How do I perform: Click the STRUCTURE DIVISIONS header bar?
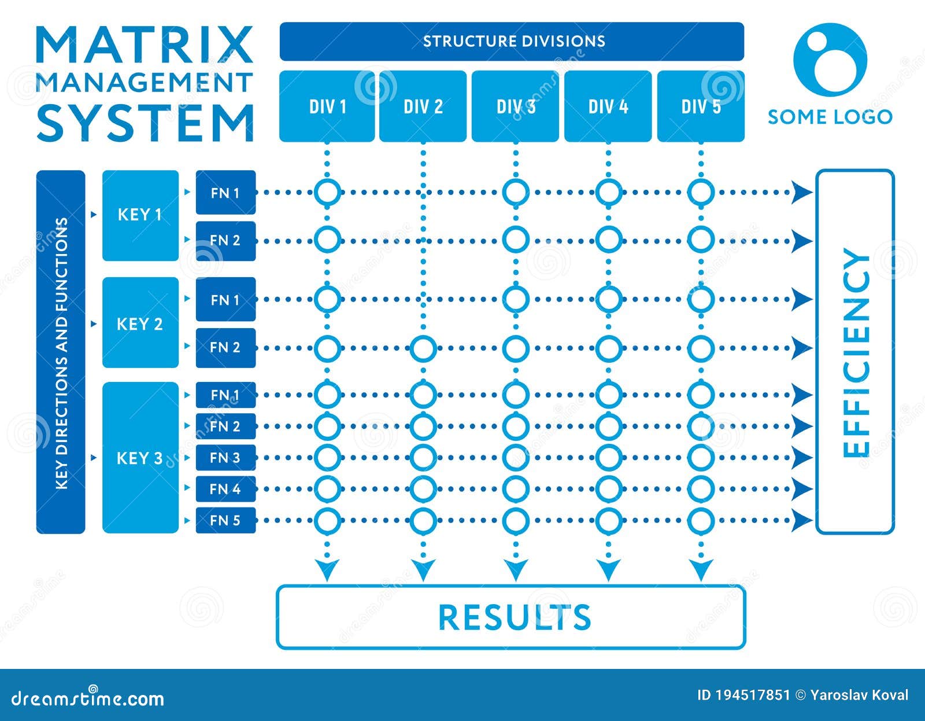512,42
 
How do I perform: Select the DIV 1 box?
327,106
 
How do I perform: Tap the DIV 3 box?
515,106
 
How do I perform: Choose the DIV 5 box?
701,106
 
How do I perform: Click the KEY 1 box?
140,215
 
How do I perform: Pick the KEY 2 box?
140,323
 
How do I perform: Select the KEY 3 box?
140,458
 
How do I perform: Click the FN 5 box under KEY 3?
225,520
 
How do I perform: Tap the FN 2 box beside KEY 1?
225,240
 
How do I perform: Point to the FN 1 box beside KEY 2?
225,300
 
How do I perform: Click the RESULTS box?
511,617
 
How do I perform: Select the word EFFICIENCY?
856,352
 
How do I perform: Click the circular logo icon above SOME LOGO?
830,59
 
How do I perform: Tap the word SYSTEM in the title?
145,123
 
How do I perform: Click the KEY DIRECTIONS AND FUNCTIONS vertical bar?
61,352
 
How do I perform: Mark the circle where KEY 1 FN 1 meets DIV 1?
328,192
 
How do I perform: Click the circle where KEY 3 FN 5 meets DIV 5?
701,521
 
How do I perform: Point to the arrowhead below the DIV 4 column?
608,570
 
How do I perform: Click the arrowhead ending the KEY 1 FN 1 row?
801,192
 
